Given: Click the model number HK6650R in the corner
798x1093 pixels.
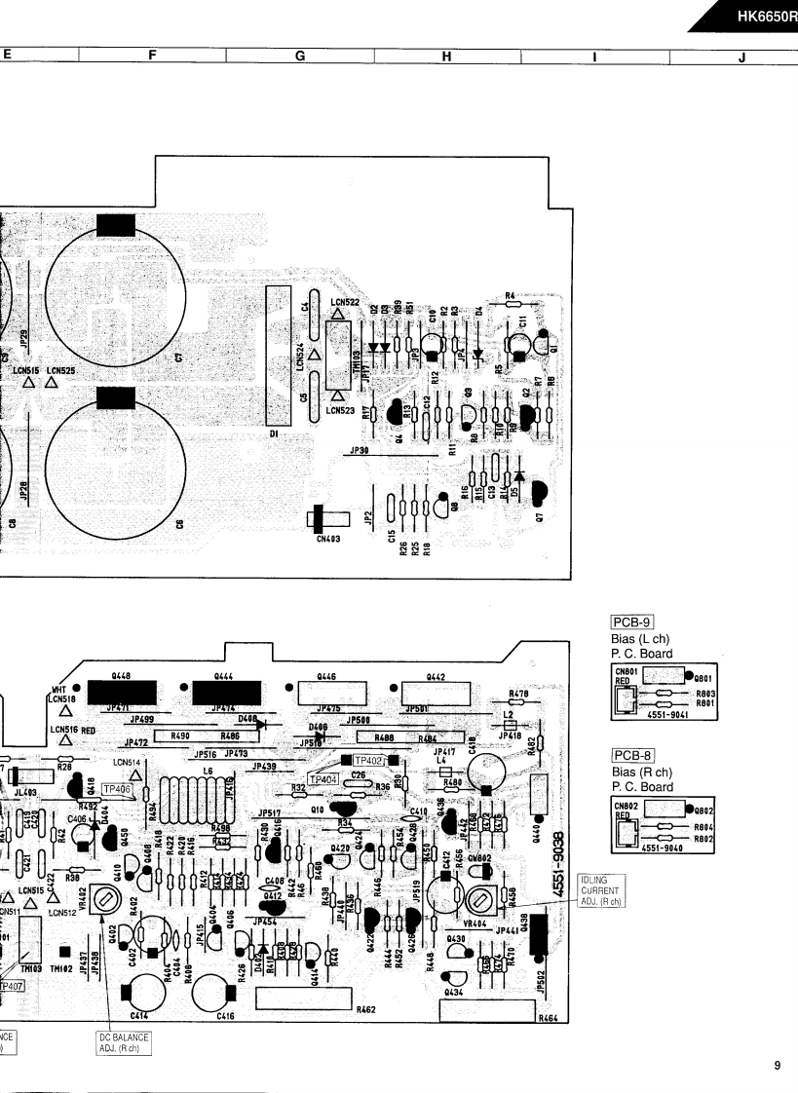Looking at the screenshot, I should pyautogui.click(x=765, y=17).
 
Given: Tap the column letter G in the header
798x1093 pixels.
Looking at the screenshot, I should pyautogui.click(x=300, y=57).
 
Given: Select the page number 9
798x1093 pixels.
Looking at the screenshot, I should pyautogui.click(x=777, y=1066).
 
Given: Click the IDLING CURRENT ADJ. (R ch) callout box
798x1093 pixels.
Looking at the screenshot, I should pyautogui.click(x=599, y=890).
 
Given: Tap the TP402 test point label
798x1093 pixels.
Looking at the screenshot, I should pyautogui.click(x=368, y=760).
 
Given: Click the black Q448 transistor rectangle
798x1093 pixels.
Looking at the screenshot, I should pyautogui.click(x=123, y=692).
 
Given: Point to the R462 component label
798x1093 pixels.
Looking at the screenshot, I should pyautogui.click(x=366, y=1009).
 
